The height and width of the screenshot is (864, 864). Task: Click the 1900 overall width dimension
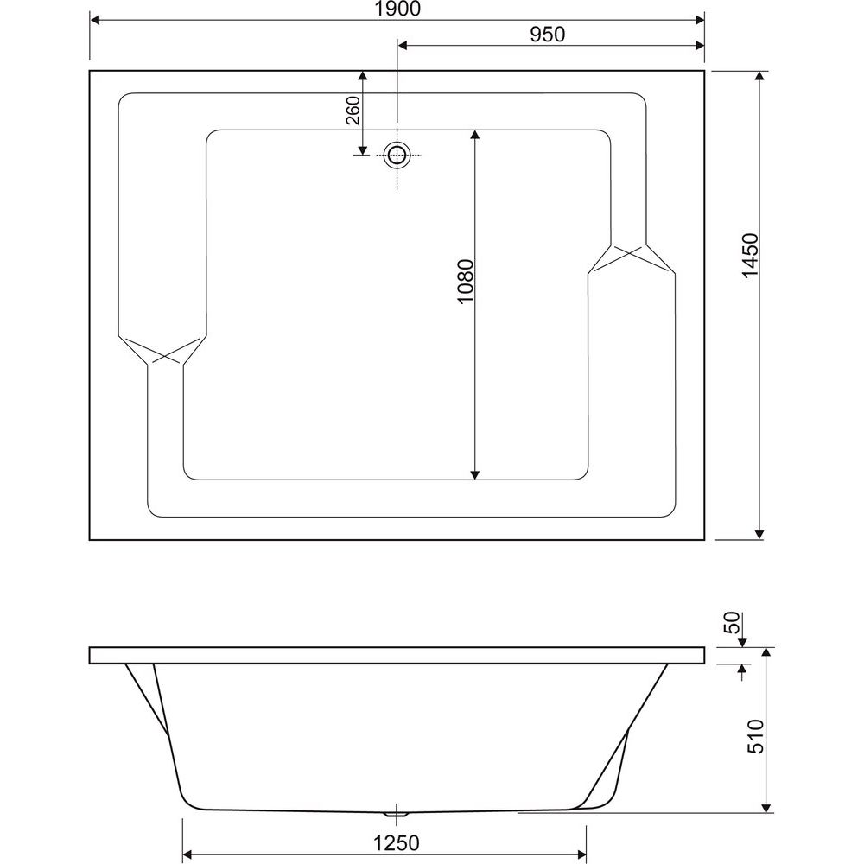tap(397, 9)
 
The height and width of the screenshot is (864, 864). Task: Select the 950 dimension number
tap(547, 35)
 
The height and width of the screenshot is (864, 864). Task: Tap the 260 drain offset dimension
tap(353, 111)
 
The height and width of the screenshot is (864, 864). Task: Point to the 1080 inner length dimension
tap(466, 281)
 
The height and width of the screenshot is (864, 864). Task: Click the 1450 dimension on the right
tap(751, 257)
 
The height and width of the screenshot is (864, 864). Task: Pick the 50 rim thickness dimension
tap(734, 623)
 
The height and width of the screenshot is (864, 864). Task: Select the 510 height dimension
tap(756, 736)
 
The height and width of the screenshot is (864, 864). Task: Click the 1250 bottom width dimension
tap(397, 843)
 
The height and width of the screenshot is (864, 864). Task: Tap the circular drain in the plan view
tap(397, 155)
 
